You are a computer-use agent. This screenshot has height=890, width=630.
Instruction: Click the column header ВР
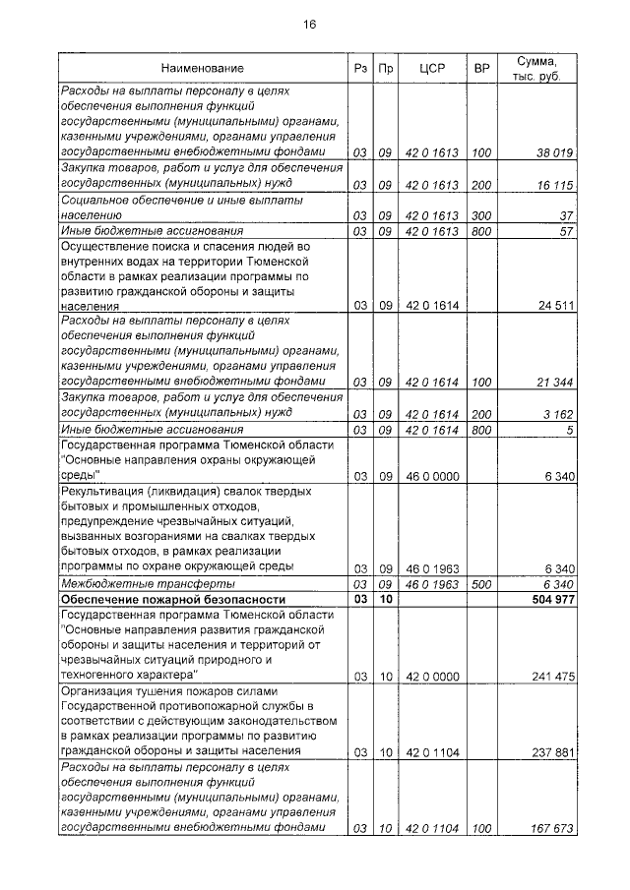[x=481, y=69]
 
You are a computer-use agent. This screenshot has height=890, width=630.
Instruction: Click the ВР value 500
[x=481, y=584]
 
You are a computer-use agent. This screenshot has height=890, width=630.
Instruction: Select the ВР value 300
[x=481, y=215]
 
